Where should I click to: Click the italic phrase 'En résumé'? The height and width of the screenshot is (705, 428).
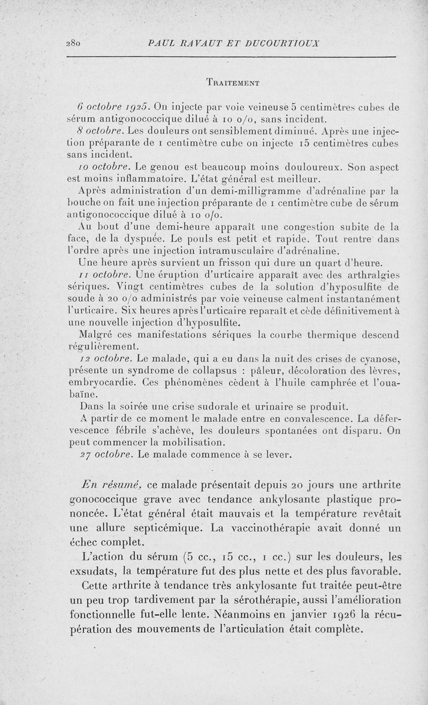point(111,484)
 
